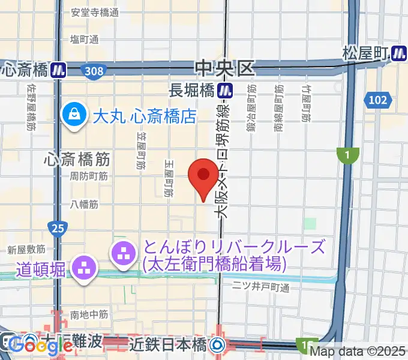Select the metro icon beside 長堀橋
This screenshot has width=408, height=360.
pos(225,91)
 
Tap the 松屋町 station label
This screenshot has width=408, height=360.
pos(365,53)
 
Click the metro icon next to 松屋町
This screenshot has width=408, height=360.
pos(398,53)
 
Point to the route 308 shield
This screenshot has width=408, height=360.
pos(94,71)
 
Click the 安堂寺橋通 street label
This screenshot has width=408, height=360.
pos(95,12)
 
